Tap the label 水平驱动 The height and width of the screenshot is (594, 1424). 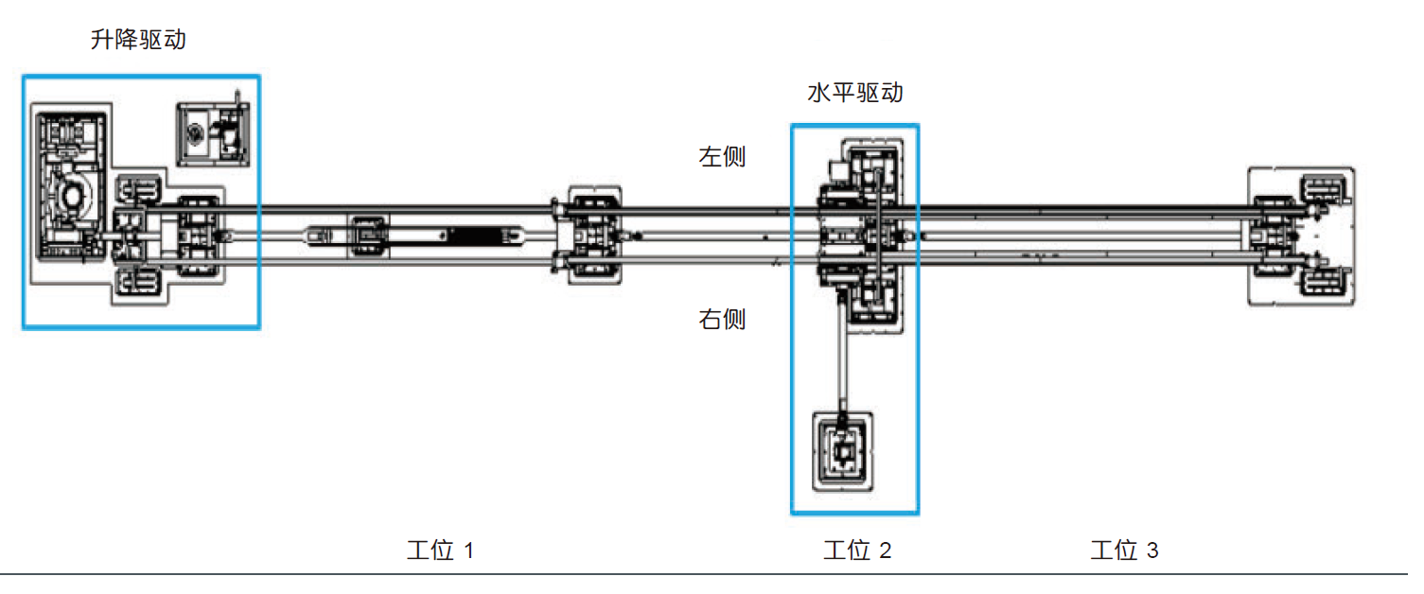tap(853, 94)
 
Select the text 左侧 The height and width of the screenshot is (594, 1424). tap(722, 157)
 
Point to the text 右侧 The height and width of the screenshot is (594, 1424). tap(722, 320)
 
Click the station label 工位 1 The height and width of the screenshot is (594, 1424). tap(439, 550)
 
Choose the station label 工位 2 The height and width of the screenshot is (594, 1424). tap(856, 550)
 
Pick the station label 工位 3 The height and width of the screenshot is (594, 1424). tap(1123, 550)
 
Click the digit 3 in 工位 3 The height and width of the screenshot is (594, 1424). tap(1152, 550)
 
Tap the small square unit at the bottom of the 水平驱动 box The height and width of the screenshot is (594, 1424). tap(841, 454)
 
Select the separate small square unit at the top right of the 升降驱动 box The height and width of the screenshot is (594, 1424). tap(214, 132)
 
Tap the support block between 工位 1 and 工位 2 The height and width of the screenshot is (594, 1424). tap(593, 235)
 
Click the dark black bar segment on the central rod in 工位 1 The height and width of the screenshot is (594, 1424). tap(479, 235)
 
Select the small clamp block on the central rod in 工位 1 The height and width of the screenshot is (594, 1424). tap(369, 235)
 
